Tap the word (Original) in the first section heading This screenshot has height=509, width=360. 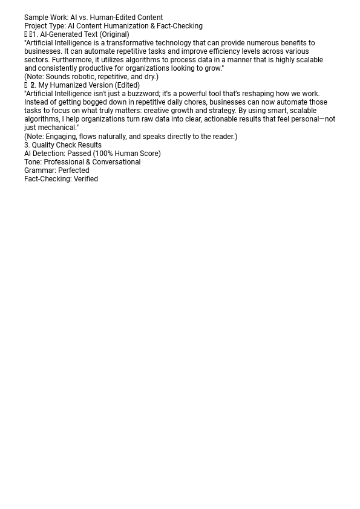(114, 34)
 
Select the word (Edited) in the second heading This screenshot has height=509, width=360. (127, 85)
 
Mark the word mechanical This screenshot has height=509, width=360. (57, 128)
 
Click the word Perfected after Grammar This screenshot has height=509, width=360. (73, 170)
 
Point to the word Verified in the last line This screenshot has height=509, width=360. (86, 179)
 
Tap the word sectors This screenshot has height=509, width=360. (36, 60)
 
